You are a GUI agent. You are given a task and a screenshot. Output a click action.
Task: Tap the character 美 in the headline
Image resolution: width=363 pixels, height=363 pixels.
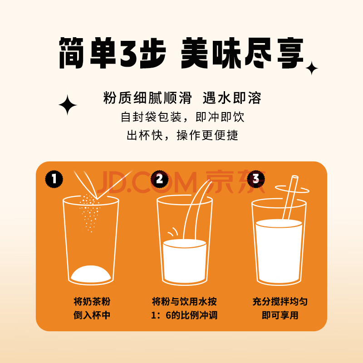[x=194, y=53]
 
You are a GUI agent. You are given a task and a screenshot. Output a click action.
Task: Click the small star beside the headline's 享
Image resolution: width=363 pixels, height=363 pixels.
[x=312, y=68]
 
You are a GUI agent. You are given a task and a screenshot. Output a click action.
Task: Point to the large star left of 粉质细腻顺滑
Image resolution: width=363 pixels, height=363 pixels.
[x=68, y=105]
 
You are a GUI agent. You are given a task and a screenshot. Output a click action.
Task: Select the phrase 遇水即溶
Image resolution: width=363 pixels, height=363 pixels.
[x=232, y=98]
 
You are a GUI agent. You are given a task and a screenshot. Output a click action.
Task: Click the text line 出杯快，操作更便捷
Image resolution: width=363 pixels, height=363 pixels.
[x=182, y=135]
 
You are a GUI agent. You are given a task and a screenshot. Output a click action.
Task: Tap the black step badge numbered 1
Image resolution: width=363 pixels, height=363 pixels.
[x=54, y=179]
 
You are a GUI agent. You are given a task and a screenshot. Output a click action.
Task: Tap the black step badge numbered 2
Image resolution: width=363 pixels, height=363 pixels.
[x=160, y=179]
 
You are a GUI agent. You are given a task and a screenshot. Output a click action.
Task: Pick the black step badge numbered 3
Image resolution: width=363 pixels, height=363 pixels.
[x=256, y=178]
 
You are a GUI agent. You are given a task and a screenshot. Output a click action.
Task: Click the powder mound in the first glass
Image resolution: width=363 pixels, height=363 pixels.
[x=91, y=274]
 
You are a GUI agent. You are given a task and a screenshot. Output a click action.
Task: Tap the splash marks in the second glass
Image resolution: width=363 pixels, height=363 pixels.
[x=173, y=232]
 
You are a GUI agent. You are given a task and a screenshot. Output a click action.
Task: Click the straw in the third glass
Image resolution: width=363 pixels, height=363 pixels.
[x=290, y=197]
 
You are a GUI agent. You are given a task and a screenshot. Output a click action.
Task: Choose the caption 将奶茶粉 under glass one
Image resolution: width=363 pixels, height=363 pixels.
[x=92, y=301]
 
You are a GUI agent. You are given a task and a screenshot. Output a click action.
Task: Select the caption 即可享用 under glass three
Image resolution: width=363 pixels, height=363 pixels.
[x=280, y=315]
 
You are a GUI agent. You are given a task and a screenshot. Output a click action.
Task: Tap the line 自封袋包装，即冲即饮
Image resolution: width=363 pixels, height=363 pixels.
[x=182, y=117]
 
